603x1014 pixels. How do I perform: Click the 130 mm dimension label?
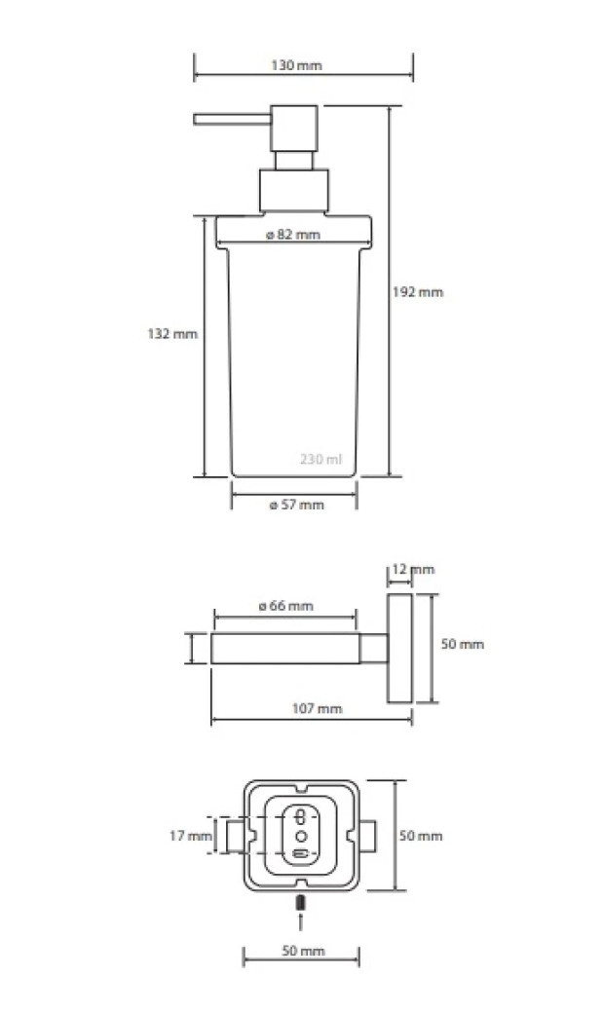[296, 65]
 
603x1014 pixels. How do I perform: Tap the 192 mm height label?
[418, 291]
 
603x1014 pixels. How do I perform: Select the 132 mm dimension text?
[172, 334]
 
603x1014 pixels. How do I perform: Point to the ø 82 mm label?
[293, 235]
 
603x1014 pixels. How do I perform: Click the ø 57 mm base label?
[297, 505]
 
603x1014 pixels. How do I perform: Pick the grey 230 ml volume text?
[320, 459]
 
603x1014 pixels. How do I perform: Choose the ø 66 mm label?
[285, 606]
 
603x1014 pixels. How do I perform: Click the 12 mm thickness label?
[413, 569]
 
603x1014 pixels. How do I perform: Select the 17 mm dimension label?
[191, 836]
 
